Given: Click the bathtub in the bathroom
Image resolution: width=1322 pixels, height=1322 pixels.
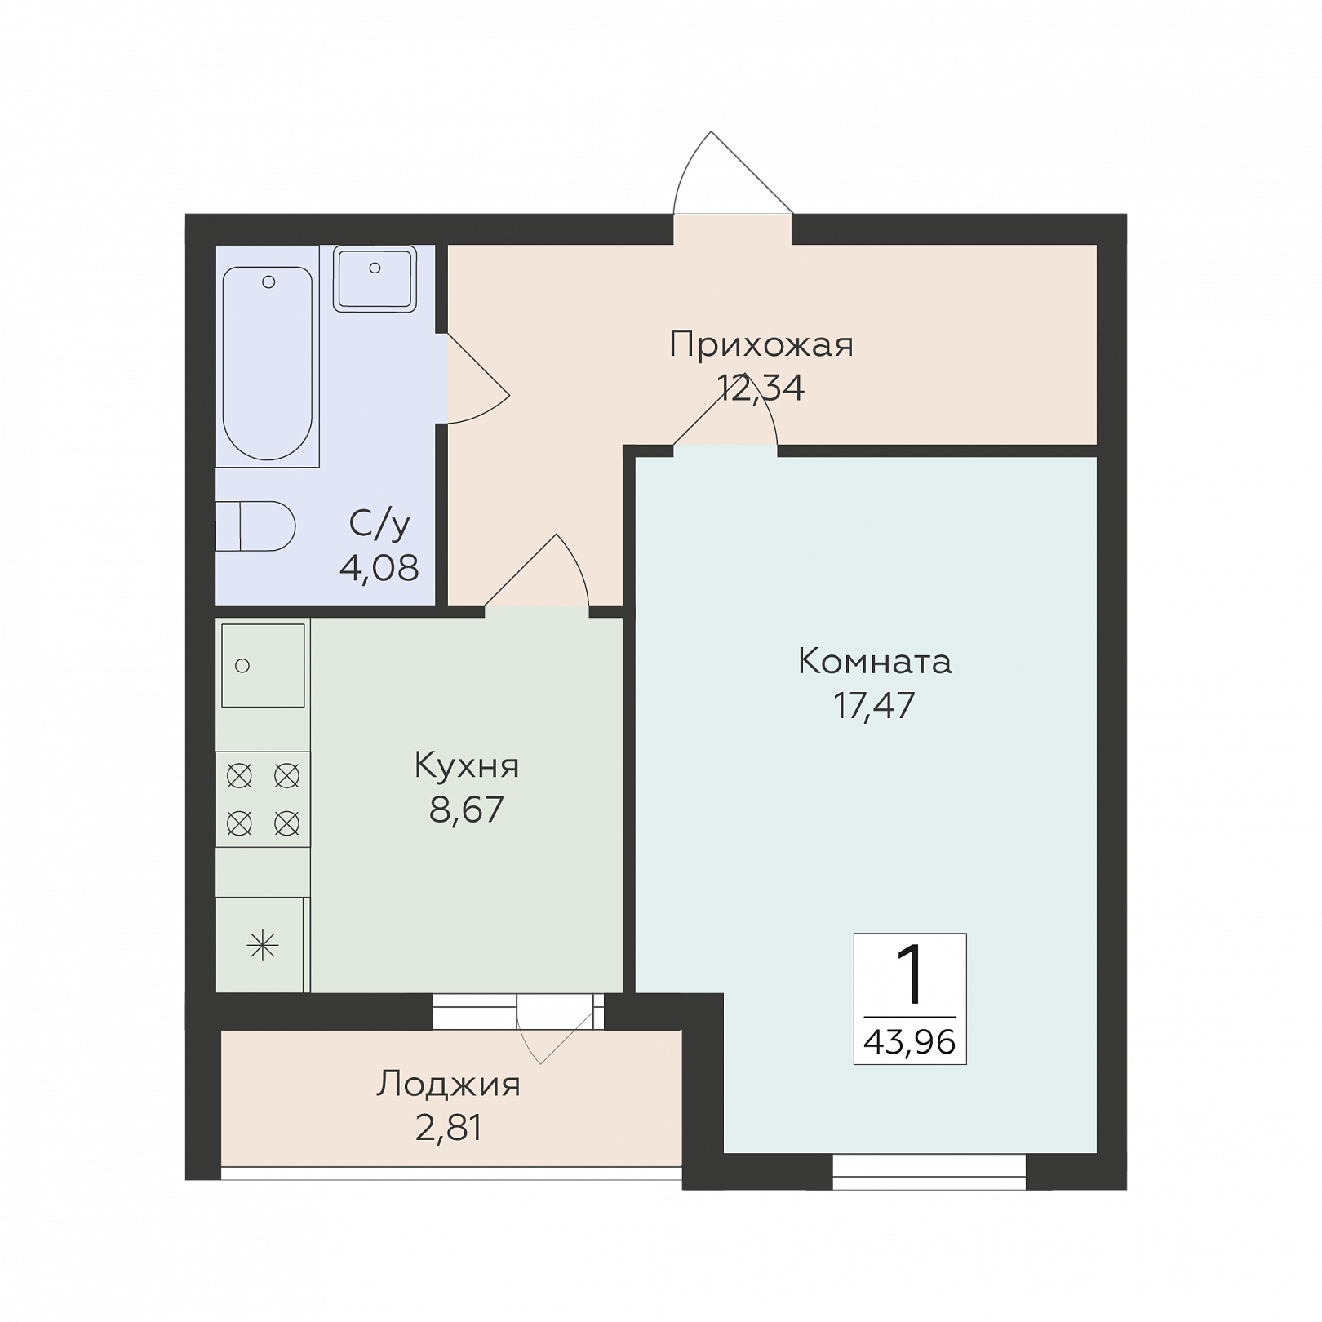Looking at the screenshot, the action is coord(268,363).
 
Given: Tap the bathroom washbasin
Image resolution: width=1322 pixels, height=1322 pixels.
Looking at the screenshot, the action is coord(375,279).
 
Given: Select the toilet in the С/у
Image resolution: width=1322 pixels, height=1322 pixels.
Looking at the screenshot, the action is coord(255,526).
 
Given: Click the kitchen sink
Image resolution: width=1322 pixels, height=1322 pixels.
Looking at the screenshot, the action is coord(263,666).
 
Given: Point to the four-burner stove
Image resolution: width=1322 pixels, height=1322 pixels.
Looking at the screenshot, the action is coord(263,799).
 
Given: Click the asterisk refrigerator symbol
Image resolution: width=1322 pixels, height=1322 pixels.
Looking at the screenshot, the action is coord(263,946).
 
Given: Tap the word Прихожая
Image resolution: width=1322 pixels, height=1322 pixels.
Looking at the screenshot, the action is coord(761,345).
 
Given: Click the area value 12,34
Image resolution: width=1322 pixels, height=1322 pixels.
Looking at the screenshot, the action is coord(761,388).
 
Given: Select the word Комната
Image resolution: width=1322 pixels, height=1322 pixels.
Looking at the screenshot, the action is coord(875,661).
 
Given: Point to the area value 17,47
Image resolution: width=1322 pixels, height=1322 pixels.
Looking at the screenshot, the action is coord(875,705).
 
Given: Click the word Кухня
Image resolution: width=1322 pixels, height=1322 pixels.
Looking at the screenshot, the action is coord(467,766).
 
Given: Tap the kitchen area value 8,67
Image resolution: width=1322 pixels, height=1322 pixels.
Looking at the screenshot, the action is coord(467,810).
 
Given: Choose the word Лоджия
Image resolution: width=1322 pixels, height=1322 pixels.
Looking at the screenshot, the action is coord(448,1085).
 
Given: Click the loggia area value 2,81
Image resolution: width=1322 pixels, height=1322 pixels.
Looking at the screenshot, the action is coord(448,1128).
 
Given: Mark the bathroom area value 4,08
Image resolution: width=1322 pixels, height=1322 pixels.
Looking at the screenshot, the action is coord(379,567).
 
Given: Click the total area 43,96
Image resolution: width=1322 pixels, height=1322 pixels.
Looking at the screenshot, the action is coord(910,1042).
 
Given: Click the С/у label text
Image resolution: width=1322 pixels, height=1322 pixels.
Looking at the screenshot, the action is coord(379,524).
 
